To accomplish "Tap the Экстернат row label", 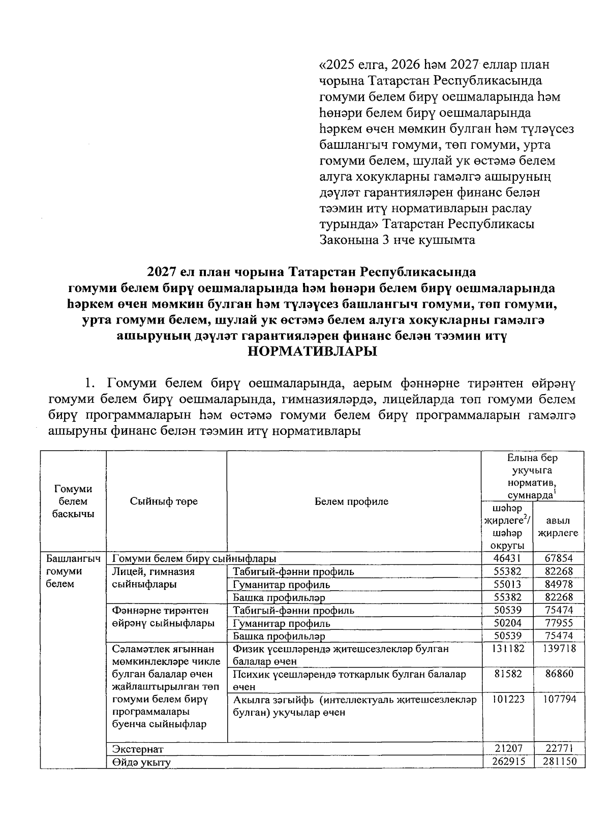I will [x=138, y=749].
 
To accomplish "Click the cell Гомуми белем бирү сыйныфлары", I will [x=194, y=558].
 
